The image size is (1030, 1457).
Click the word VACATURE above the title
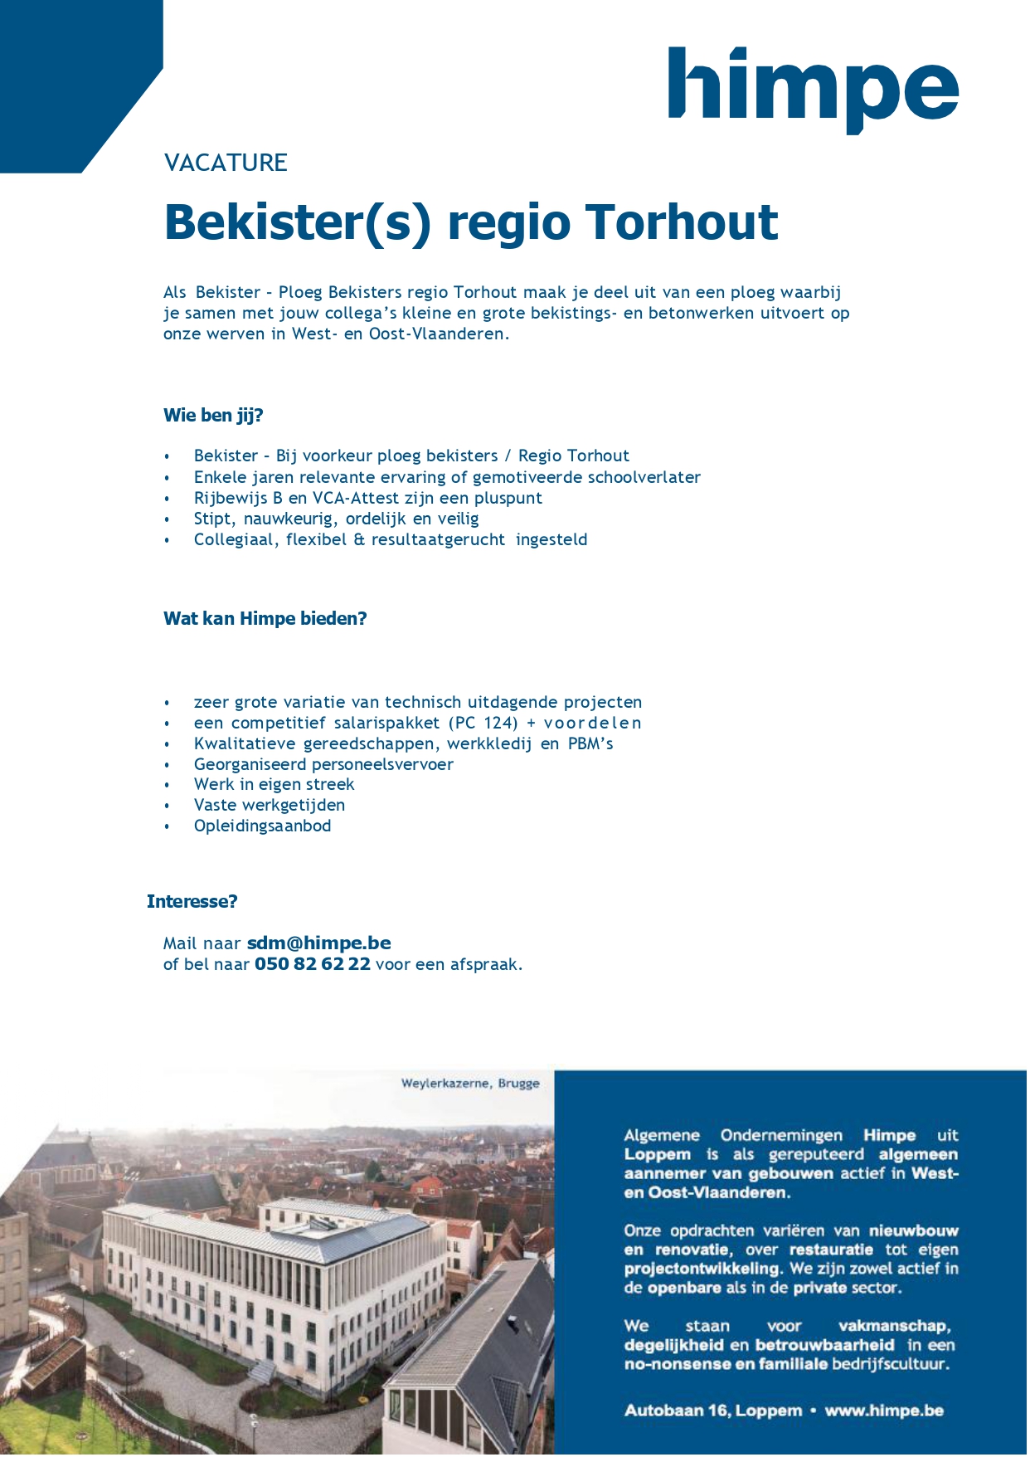(226, 163)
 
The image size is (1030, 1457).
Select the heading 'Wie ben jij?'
(213, 416)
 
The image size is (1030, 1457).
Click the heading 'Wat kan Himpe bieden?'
(265, 619)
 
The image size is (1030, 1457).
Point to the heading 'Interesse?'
(192, 902)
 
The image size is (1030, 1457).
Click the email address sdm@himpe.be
(318, 943)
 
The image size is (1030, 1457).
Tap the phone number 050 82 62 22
(312, 964)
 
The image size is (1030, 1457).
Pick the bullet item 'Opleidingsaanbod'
(262, 826)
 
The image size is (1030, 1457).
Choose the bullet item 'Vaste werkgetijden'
(269, 806)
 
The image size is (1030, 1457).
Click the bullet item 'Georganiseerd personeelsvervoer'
(323, 764)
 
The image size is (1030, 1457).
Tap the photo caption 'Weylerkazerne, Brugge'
(470, 1084)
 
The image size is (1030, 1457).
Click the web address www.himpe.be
(884, 1411)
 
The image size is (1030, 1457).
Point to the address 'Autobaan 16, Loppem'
(713, 1411)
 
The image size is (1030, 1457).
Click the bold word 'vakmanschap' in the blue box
(894, 1326)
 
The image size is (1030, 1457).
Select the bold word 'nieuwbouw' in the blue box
(913, 1231)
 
